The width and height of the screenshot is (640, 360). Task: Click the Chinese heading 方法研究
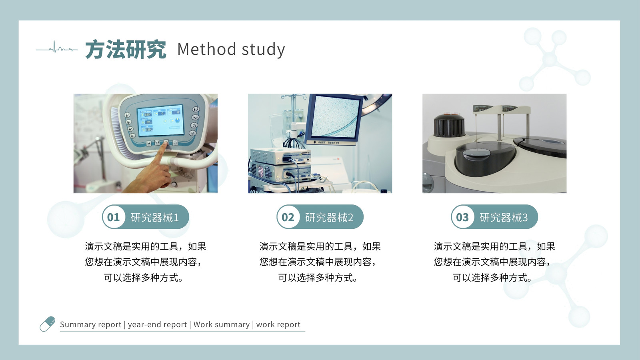tap(126, 50)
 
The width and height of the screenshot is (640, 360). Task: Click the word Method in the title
tap(206, 49)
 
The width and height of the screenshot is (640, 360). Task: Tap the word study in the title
tap(263, 50)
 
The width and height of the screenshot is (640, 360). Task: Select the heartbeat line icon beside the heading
tap(56, 48)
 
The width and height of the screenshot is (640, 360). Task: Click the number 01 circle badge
tap(114, 217)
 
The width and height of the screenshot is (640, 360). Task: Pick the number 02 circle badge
tap(288, 217)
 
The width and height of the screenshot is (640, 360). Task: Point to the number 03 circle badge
tap(462, 217)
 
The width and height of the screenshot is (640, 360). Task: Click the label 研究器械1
tap(154, 218)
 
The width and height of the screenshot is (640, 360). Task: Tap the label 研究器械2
tap(329, 218)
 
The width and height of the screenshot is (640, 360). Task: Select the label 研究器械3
tap(504, 218)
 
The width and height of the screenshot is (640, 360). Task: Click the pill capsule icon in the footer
tap(48, 324)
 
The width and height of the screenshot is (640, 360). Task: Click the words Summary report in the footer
tap(90, 324)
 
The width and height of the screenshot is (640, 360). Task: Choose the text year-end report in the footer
tap(157, 324)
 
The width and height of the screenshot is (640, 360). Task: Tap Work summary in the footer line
tap(222, 324)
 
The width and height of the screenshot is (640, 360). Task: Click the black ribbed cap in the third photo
tap(449, 125)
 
